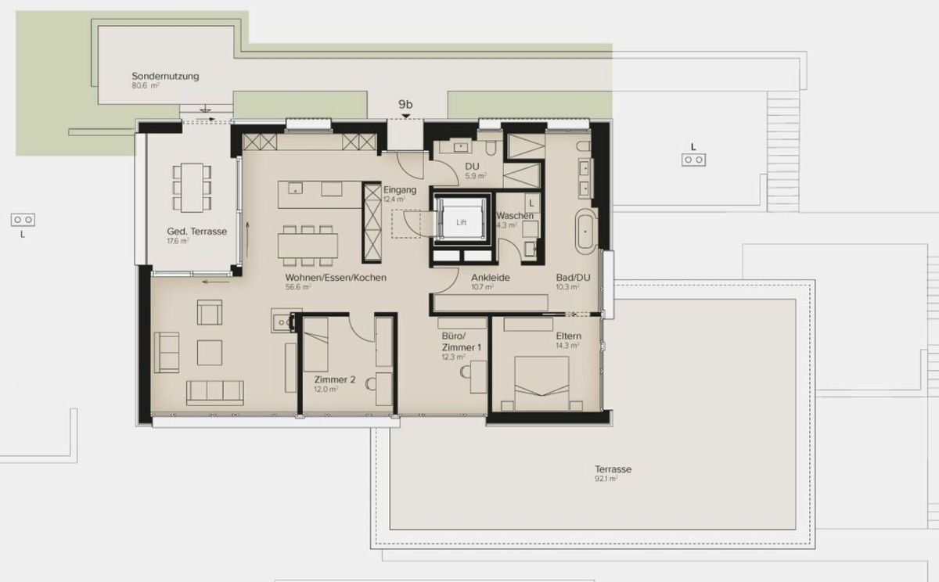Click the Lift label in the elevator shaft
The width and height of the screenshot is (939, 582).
[461, 222]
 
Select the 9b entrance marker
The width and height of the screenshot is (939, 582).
[405, 104]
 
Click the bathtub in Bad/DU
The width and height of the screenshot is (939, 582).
[585, 231]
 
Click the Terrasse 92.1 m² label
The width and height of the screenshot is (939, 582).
[613, 469]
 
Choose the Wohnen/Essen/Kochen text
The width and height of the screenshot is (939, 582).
[335, 278]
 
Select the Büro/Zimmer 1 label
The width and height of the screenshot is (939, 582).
[462, 343]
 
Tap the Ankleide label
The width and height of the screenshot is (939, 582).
[491, 278]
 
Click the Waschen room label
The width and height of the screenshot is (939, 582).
[515, 216]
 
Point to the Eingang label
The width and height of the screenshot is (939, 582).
[399, 190]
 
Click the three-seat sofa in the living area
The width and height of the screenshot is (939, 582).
[215, 392]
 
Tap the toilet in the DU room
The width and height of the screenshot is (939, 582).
[491, 146]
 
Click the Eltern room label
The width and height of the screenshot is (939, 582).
[568, 336]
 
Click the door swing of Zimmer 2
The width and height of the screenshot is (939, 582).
[360, 329]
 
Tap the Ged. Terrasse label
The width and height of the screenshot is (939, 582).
[196, 232]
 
